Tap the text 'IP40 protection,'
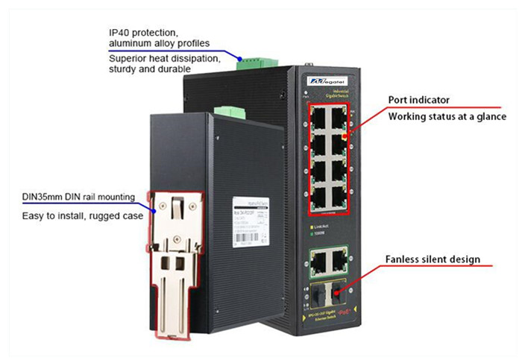click(144, 33)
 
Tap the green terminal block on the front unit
click(228, 112)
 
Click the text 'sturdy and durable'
click(150, 69)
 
